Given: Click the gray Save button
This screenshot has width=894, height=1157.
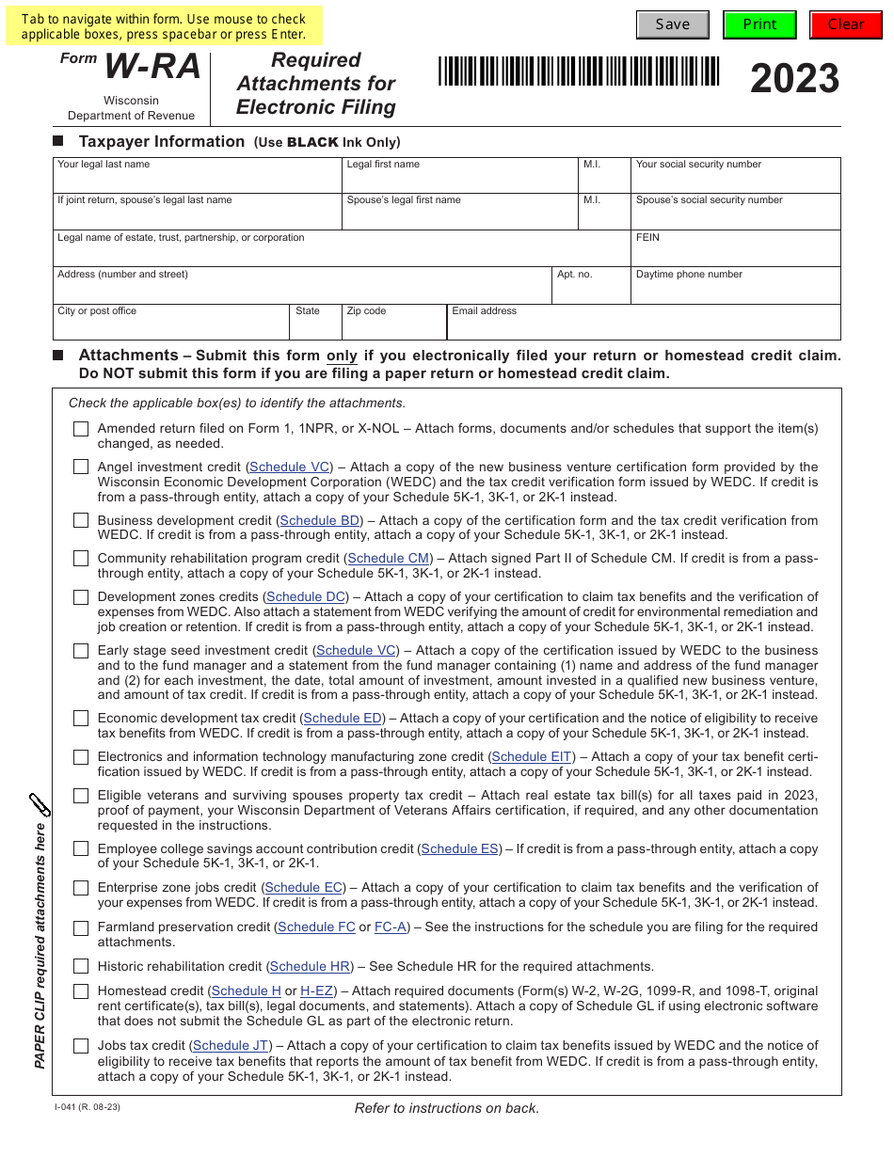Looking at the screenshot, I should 672,24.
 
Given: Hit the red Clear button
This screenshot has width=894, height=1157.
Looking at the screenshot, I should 845,24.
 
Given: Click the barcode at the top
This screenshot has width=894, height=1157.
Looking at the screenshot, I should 579,72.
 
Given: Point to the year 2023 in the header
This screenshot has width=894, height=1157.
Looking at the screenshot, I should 794,79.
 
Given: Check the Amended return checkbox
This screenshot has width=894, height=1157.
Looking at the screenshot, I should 81,429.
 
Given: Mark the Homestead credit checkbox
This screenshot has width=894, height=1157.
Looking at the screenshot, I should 81,991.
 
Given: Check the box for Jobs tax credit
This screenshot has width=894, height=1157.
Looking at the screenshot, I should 81,1046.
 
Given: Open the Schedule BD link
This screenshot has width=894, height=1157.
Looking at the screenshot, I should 320,520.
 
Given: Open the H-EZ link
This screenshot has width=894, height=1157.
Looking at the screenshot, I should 317,991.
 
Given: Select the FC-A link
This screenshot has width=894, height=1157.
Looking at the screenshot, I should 391,927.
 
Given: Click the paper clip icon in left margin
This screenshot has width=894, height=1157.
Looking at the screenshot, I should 40,805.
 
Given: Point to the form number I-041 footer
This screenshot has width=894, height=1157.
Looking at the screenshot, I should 88,1107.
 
